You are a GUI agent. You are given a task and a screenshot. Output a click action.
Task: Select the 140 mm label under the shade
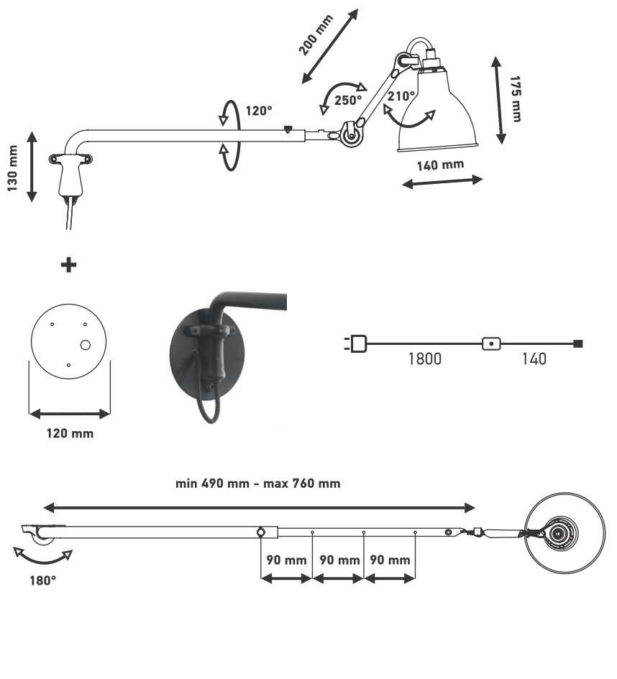coord(440,165)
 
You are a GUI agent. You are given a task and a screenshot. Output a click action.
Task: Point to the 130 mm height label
coord(13,166)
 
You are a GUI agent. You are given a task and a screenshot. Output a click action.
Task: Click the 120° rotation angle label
coord(259,111)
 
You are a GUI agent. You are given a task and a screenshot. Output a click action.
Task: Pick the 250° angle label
coord(349,100)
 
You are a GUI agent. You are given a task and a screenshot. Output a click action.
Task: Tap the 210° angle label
coord(401,96)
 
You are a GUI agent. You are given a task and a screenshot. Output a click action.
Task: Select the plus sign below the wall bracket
coord(69,265)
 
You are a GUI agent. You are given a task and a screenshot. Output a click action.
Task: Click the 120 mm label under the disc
coord(69,434)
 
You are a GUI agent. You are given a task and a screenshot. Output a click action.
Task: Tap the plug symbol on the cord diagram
coord(357,344)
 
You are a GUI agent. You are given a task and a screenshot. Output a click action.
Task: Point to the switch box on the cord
coord(491,343)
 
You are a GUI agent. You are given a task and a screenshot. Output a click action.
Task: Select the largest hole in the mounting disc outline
coord(85,346)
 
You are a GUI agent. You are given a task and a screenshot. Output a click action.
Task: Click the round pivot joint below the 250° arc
coord(351,134)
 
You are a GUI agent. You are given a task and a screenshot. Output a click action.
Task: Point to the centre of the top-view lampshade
coord(559,533)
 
